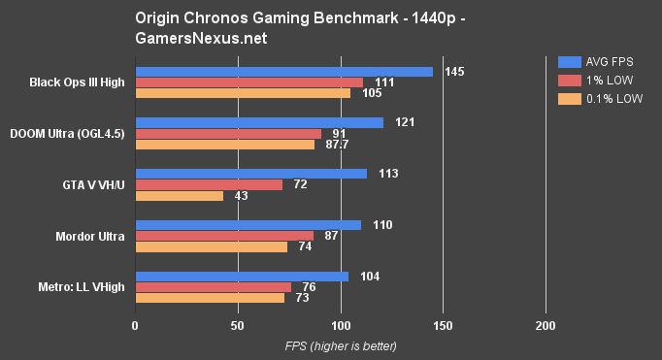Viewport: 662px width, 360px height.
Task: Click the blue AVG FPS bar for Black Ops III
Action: tap(283, 72)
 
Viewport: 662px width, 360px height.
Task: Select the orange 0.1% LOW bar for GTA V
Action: tap(180, 196)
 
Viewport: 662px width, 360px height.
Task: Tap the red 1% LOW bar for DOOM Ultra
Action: tap(228, 134)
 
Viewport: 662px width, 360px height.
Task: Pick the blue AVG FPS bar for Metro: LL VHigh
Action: tap(242, 277)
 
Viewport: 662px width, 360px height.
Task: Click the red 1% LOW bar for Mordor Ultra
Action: tap(224, 236)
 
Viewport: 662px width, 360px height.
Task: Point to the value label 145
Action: tap(453, 72)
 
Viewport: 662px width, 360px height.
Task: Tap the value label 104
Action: tap(369, 277)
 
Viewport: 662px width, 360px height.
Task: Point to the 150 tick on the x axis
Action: tap(443, 325)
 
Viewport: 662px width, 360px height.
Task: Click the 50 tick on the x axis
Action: tap(238, 325)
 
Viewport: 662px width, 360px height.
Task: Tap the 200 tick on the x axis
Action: tap(546, 325)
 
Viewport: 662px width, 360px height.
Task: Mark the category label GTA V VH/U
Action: tap(93, 184)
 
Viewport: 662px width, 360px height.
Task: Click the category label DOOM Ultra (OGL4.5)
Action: tap(67, 133)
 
